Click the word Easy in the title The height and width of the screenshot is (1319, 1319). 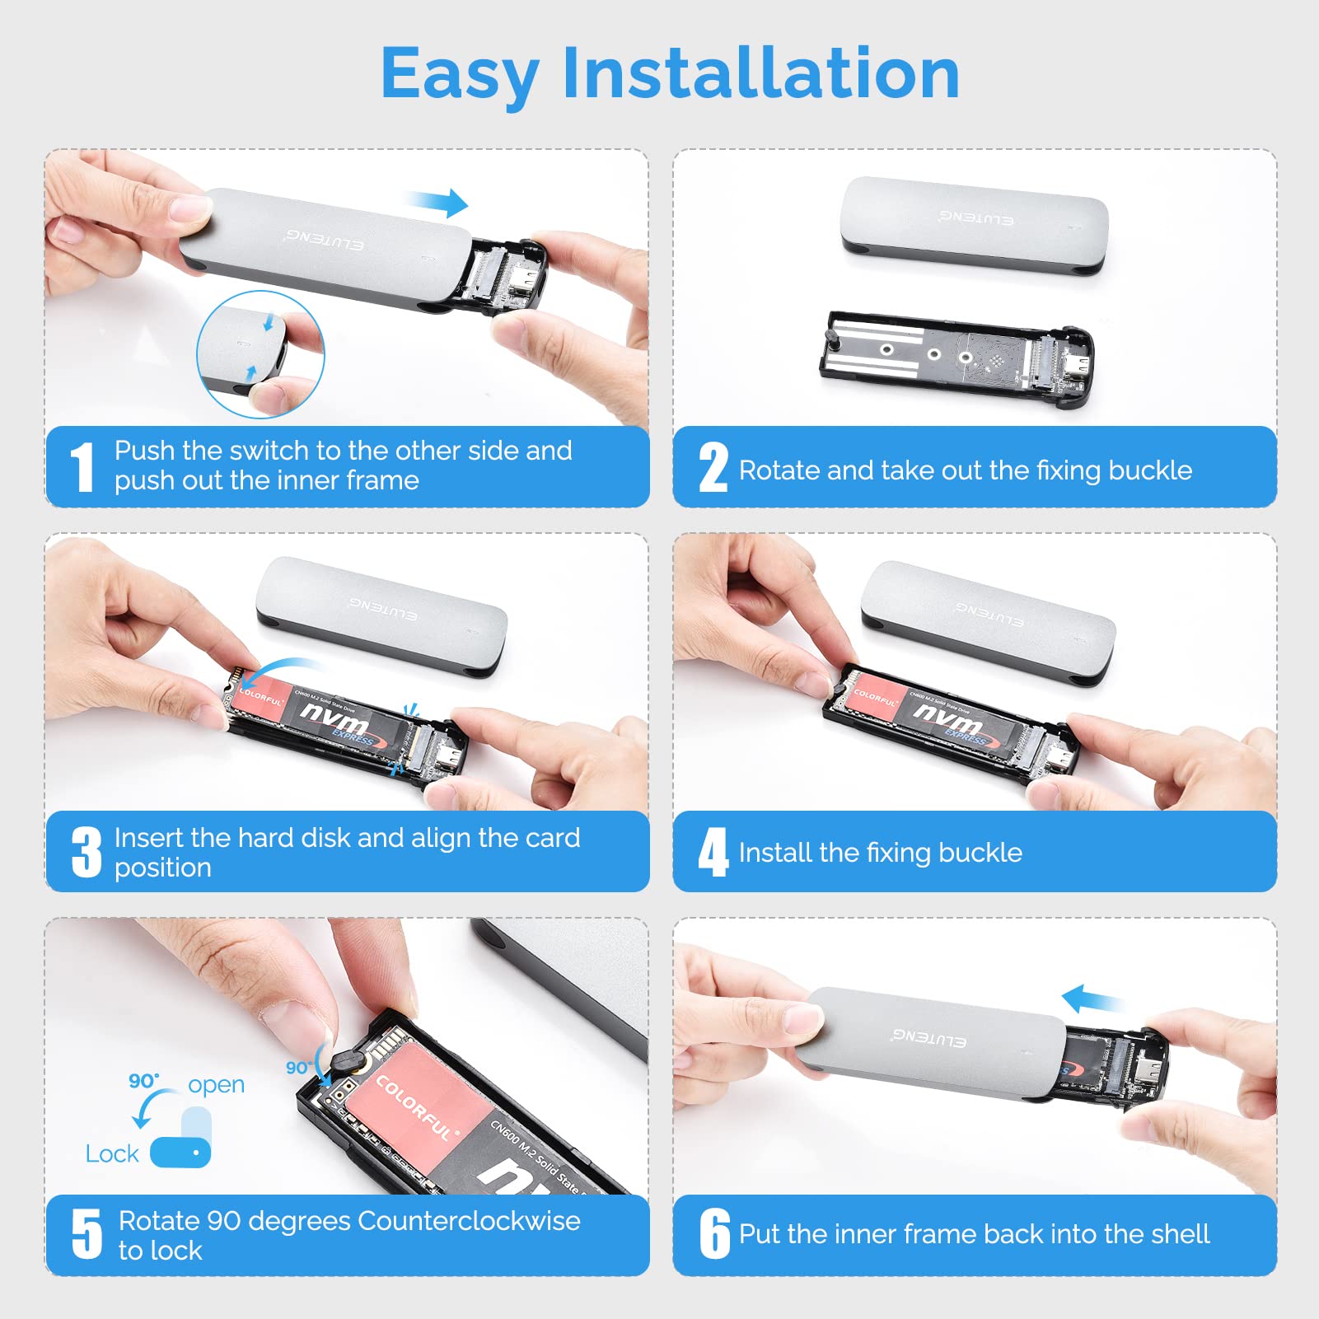pyautogui.click(x=460, y=74)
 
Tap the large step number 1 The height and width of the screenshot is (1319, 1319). pyautogui.click(x=82, y=466)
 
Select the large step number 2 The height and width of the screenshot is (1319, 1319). pyautogui.click(x=713, y=467)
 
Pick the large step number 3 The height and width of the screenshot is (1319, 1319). pyautogui.click(x=86, y=852)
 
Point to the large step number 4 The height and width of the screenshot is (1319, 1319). pyautogui.click(x=713, y=852)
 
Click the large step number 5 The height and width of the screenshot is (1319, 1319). pyautogui.click(x=87, y=1233)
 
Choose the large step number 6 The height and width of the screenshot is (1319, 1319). pyautogui.click(x=714, y=1233)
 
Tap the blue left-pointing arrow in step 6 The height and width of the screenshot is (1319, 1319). pyautogui.click(x=1091, y=1000)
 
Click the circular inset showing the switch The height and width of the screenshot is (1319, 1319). pyautogui.click(x=260, y=354)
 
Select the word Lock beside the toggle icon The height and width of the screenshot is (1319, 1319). pyautogui.click(x=112, y=1154)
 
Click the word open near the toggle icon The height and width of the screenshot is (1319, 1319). pyautogui.click(x=216, y=1084)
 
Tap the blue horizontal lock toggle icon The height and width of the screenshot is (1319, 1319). pyautogui.click(x=180, y=1152)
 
